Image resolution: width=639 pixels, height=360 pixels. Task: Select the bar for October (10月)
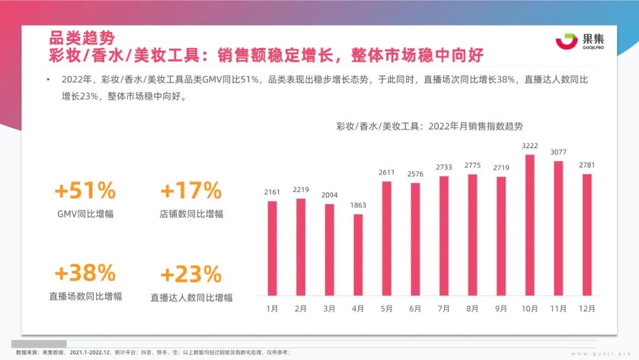click(530, 225)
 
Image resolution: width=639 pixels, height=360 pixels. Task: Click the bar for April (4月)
click(358, 255)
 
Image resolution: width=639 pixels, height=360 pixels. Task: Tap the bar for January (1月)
click(272, 248)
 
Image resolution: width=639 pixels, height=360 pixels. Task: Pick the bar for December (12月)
click(587, 234)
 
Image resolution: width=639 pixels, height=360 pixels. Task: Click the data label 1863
click(358, 205)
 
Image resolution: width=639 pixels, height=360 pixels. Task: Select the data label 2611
click(386, 173)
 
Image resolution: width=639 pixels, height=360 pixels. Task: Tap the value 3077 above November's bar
click(558, 152)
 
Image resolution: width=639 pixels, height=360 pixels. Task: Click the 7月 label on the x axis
click(444, 308)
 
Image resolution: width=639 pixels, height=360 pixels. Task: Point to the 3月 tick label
click(330, 308)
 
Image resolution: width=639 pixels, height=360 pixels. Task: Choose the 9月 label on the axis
click(501, 308)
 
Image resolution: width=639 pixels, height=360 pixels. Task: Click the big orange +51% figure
click(85, 191)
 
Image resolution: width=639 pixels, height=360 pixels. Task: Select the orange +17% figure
click(191, 191)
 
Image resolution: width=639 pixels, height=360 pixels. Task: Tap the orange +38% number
click(85, 273)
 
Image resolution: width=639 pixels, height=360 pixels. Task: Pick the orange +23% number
click(191, 275)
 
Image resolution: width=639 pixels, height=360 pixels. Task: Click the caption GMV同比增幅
click(85, 214)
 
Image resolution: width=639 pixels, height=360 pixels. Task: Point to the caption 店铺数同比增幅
click(191, 214)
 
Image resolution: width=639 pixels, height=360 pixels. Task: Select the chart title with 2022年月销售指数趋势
click(430, 126)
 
